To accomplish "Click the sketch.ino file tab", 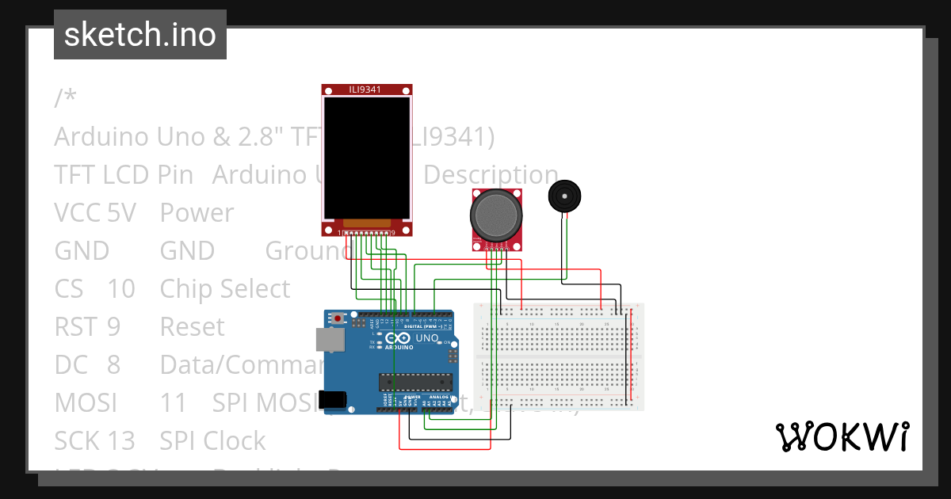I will click(140, 35).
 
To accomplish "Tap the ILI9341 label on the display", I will click(365, 90).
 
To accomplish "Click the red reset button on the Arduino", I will click(338, 318).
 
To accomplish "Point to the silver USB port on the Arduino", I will click(330, 340).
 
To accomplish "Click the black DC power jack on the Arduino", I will click(334, 400).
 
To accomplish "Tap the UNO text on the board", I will click(427, 338).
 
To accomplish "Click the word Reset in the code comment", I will click(193, 327).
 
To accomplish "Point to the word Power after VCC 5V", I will click(197, 213).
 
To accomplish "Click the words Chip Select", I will click(225, 289).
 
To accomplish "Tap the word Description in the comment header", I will click(491, 175).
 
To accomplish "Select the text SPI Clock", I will click(212, 441).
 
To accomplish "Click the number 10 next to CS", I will click(121, 289).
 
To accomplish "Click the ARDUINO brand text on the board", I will click(400, 347).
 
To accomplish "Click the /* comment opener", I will click(66, 99).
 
